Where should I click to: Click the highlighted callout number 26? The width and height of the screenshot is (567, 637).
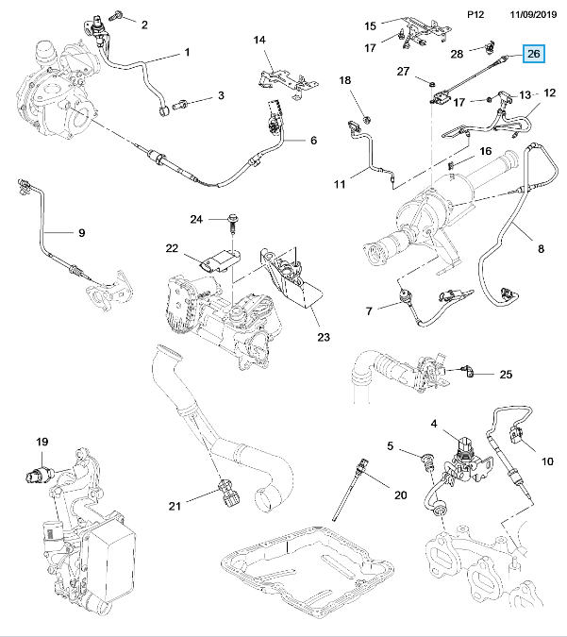pos(534,55)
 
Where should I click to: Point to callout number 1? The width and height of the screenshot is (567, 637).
pos(187,51)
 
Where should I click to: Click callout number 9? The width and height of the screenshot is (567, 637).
pos(81,232)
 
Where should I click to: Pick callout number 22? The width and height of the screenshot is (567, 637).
pos(172,249)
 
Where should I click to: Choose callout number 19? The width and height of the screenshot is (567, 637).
pos(42,442)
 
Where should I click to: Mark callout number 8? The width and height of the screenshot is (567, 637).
pos(541,250)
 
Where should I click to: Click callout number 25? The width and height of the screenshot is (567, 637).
pos(505,375)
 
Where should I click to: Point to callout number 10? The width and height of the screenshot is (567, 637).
pos(546,461)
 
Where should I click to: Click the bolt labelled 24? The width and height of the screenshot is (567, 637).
pos(230,223)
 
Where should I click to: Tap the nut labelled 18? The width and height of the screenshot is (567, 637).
pos(367,120)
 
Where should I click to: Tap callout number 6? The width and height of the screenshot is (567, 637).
pos(313,142)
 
